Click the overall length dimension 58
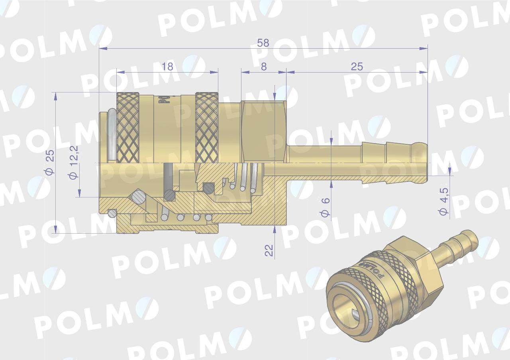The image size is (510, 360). coord(263,43)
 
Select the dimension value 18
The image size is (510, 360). coord(167,67)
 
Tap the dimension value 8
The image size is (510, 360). coord(264,67)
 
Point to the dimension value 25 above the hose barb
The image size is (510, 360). coord(357,67)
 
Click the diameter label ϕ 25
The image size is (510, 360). coord(50,162)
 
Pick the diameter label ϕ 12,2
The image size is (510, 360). coord(74,162)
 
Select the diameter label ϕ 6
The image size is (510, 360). coord(325,207)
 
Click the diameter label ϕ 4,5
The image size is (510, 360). coord(443,201)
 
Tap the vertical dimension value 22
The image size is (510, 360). coord(269,250)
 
